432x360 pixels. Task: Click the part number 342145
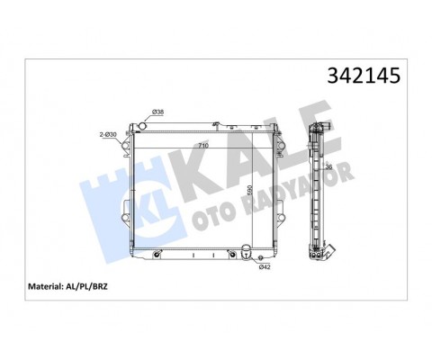coord(364,76)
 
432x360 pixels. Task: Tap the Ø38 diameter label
coord(157,112)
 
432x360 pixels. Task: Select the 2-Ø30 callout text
coord(108,135)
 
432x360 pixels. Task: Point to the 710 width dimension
coord(203,146)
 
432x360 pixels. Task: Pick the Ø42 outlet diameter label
coord(265,267)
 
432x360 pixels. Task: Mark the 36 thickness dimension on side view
coord(328,167)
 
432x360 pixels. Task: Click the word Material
coord(44,286)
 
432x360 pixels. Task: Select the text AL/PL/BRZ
coord(85,286)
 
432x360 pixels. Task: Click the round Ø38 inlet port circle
coord(142,125)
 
